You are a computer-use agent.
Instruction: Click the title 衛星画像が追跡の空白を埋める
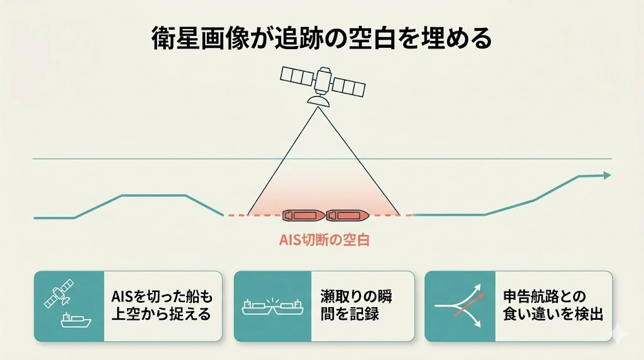(x=321, y=38)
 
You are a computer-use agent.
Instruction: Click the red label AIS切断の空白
(x=325, y=240)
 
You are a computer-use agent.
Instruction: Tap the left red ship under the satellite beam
(x=304, y=215)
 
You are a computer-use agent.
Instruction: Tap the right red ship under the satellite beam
(x=347, y=215)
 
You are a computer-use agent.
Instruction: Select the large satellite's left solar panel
(x=297, y=76)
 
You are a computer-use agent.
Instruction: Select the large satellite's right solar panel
(x=348, y=87)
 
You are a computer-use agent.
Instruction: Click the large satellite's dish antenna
(x=318, y=100)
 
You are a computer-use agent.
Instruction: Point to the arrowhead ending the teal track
(x=607, y=176)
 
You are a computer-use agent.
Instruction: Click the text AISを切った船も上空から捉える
(x=162, y=305)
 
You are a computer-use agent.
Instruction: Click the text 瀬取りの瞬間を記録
(x=356, y=305)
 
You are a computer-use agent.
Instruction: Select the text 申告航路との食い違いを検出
(x=553, y=305)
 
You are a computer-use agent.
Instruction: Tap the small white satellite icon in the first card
(x=59, y=293)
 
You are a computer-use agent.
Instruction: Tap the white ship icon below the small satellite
(x=76, y=320)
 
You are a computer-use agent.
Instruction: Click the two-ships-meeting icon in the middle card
(x=273, y=306)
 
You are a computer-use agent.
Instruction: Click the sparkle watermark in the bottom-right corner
(x=619, y=335)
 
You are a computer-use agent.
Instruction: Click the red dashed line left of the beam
(x=236, y=215)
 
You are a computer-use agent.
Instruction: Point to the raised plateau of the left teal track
(x=154, y=195)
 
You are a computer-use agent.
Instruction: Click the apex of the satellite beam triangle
(x=318, y=107)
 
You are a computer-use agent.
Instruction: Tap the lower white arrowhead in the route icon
(x=477, y=324)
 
